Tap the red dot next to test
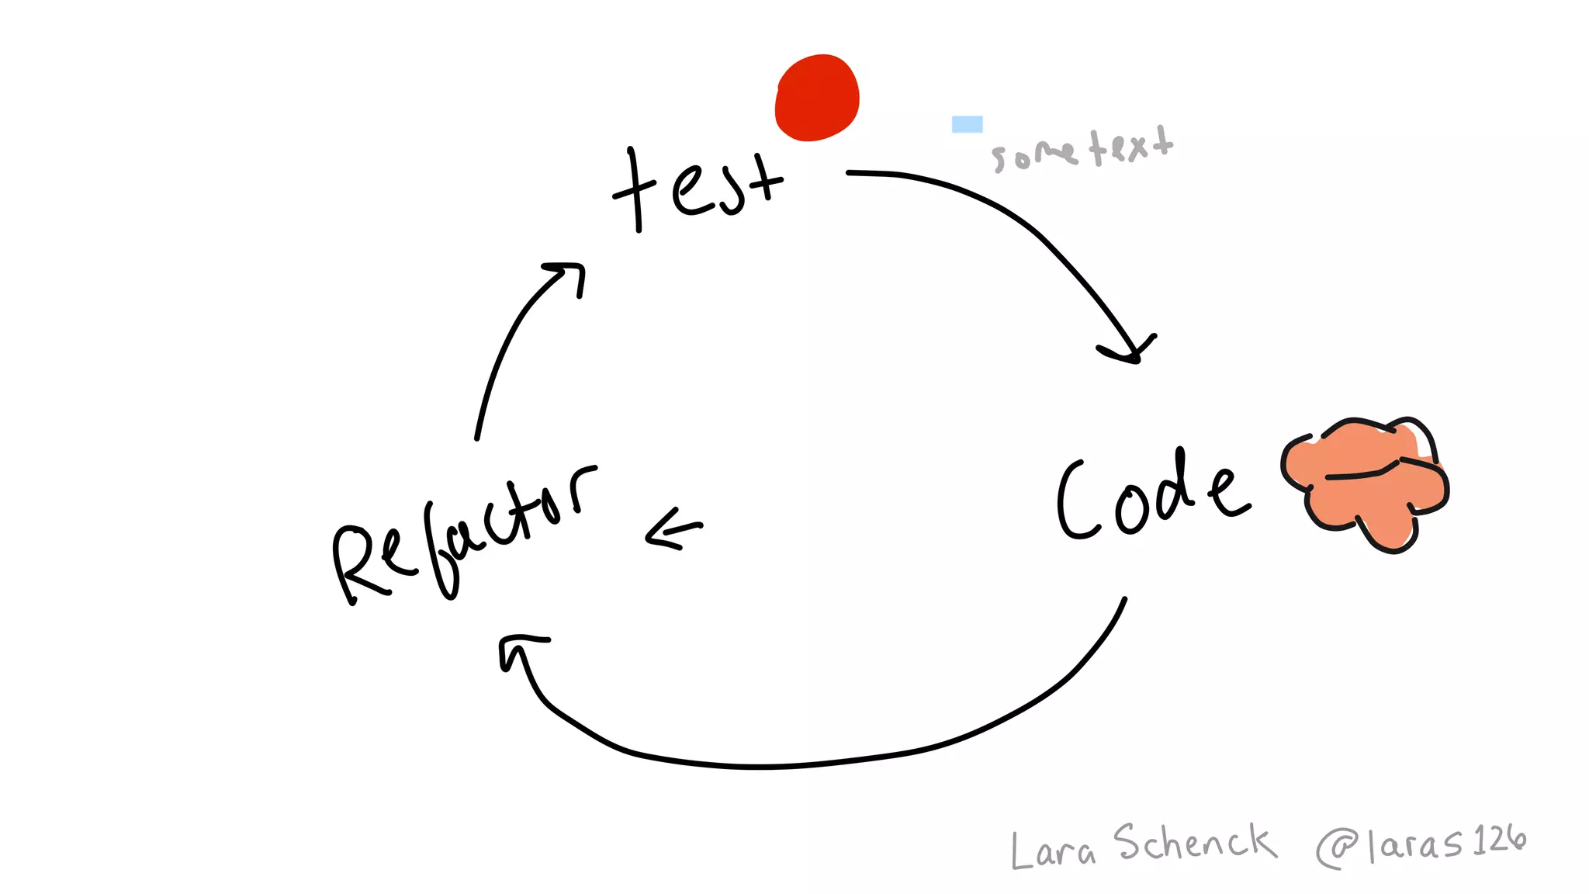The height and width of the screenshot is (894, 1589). point(817,98)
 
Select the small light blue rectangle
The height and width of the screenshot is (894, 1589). point(967,124)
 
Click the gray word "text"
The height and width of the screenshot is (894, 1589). point(1131,145)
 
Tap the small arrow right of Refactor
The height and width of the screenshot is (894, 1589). point(673,529)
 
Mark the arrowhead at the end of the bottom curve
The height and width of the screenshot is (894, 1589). point(518,648)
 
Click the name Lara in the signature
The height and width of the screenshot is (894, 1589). point(1053,850)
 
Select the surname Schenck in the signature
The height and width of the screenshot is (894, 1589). point(1195,843)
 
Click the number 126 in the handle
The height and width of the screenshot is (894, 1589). point(1499,840)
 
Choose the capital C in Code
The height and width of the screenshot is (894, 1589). point(1078,501)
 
